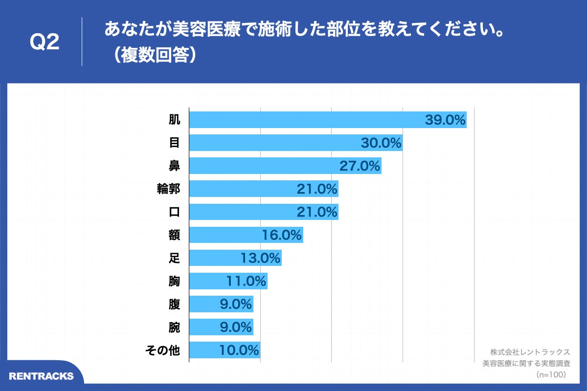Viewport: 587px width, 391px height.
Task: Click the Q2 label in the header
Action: [x=45, y=42]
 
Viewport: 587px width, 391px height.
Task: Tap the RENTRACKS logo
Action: [x=42, y=376]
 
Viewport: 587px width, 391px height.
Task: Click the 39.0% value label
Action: [x=445, y=120]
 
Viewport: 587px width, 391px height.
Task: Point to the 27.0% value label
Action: [x=360, y=166]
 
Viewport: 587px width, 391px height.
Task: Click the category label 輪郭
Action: [x=168, y=189]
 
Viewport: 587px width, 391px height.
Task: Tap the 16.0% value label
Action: [x=282, y=235]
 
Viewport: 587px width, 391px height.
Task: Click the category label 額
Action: [x=174, y=235]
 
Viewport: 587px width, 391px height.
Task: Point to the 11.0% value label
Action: [x=246, y=281]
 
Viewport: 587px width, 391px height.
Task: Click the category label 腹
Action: [x=174, y=304]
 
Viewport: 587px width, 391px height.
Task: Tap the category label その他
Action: [x=163, y=350]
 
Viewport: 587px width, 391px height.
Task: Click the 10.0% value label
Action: [x=239, y=350]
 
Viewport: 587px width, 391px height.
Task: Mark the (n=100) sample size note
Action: [x=551, y=374]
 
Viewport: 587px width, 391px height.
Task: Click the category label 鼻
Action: [x=174, y=166]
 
